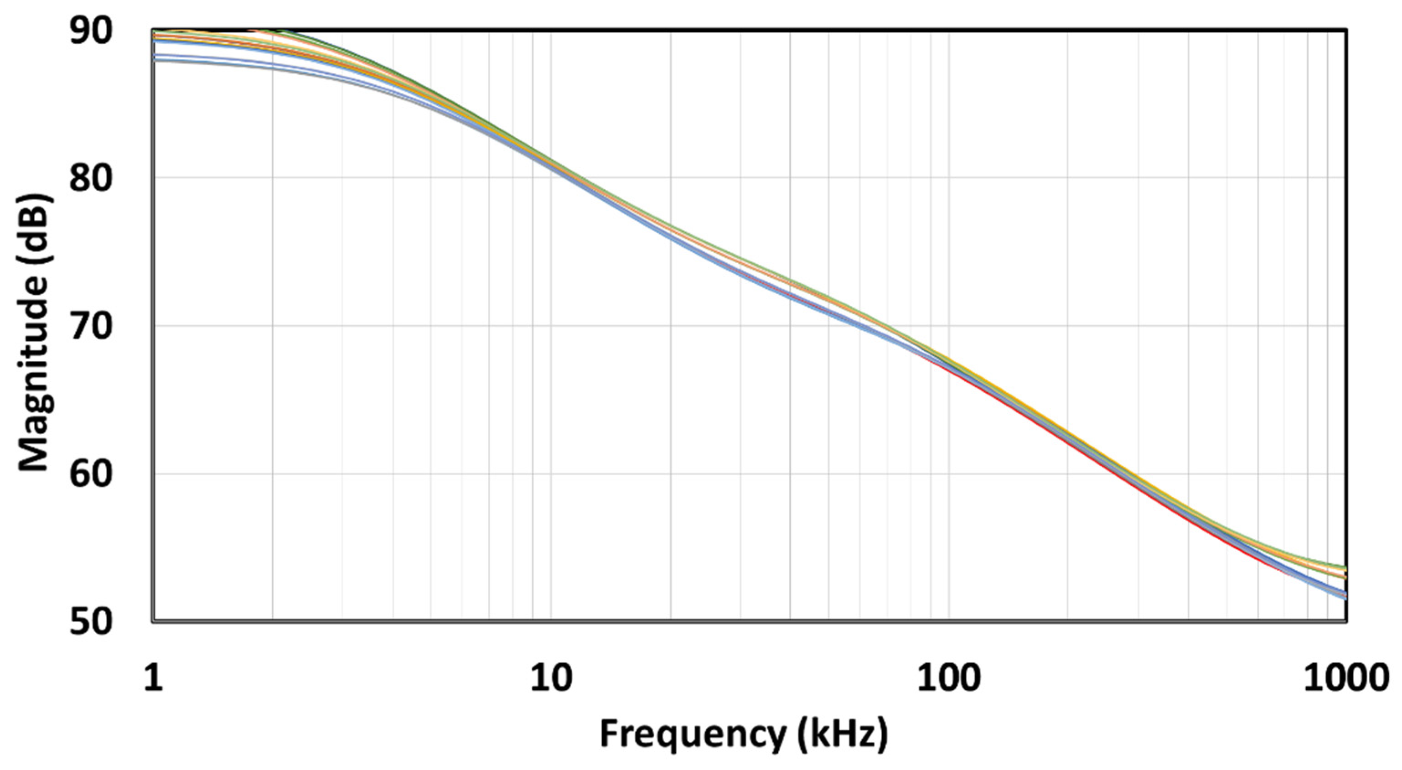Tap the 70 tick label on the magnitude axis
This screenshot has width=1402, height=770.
click(x=90, y=326)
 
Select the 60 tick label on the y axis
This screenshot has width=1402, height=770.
click(x=90, y=474)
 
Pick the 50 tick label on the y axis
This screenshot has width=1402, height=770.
click(x=90, y=622)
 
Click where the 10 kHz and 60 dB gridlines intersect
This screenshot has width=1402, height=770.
click(x=551, y=474)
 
